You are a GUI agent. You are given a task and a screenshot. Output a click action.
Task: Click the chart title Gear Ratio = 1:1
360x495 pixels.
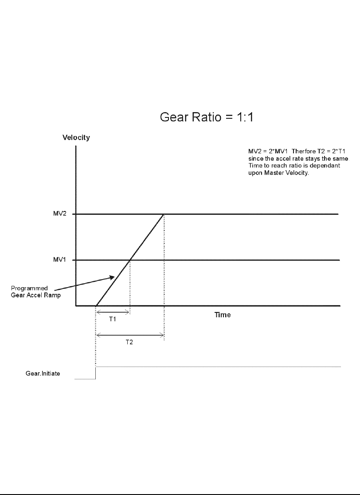pos(206,118)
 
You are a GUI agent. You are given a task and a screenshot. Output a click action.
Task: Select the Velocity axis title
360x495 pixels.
pos(76,137)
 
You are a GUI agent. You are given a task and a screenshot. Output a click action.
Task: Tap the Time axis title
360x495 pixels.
pos(223,315)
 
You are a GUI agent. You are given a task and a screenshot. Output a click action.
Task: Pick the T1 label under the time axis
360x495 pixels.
pos(113,320)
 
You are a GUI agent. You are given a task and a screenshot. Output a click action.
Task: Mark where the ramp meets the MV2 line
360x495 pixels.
pos(164,214)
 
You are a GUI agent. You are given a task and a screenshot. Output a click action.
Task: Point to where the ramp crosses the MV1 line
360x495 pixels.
pos(130,260)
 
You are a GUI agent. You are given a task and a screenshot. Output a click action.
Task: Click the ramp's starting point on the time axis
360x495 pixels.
pos(96,306)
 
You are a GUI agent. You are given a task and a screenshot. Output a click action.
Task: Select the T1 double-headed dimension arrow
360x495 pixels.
pos(113,312)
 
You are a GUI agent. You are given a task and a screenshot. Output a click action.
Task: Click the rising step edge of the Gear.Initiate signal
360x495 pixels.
pos(96,373)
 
